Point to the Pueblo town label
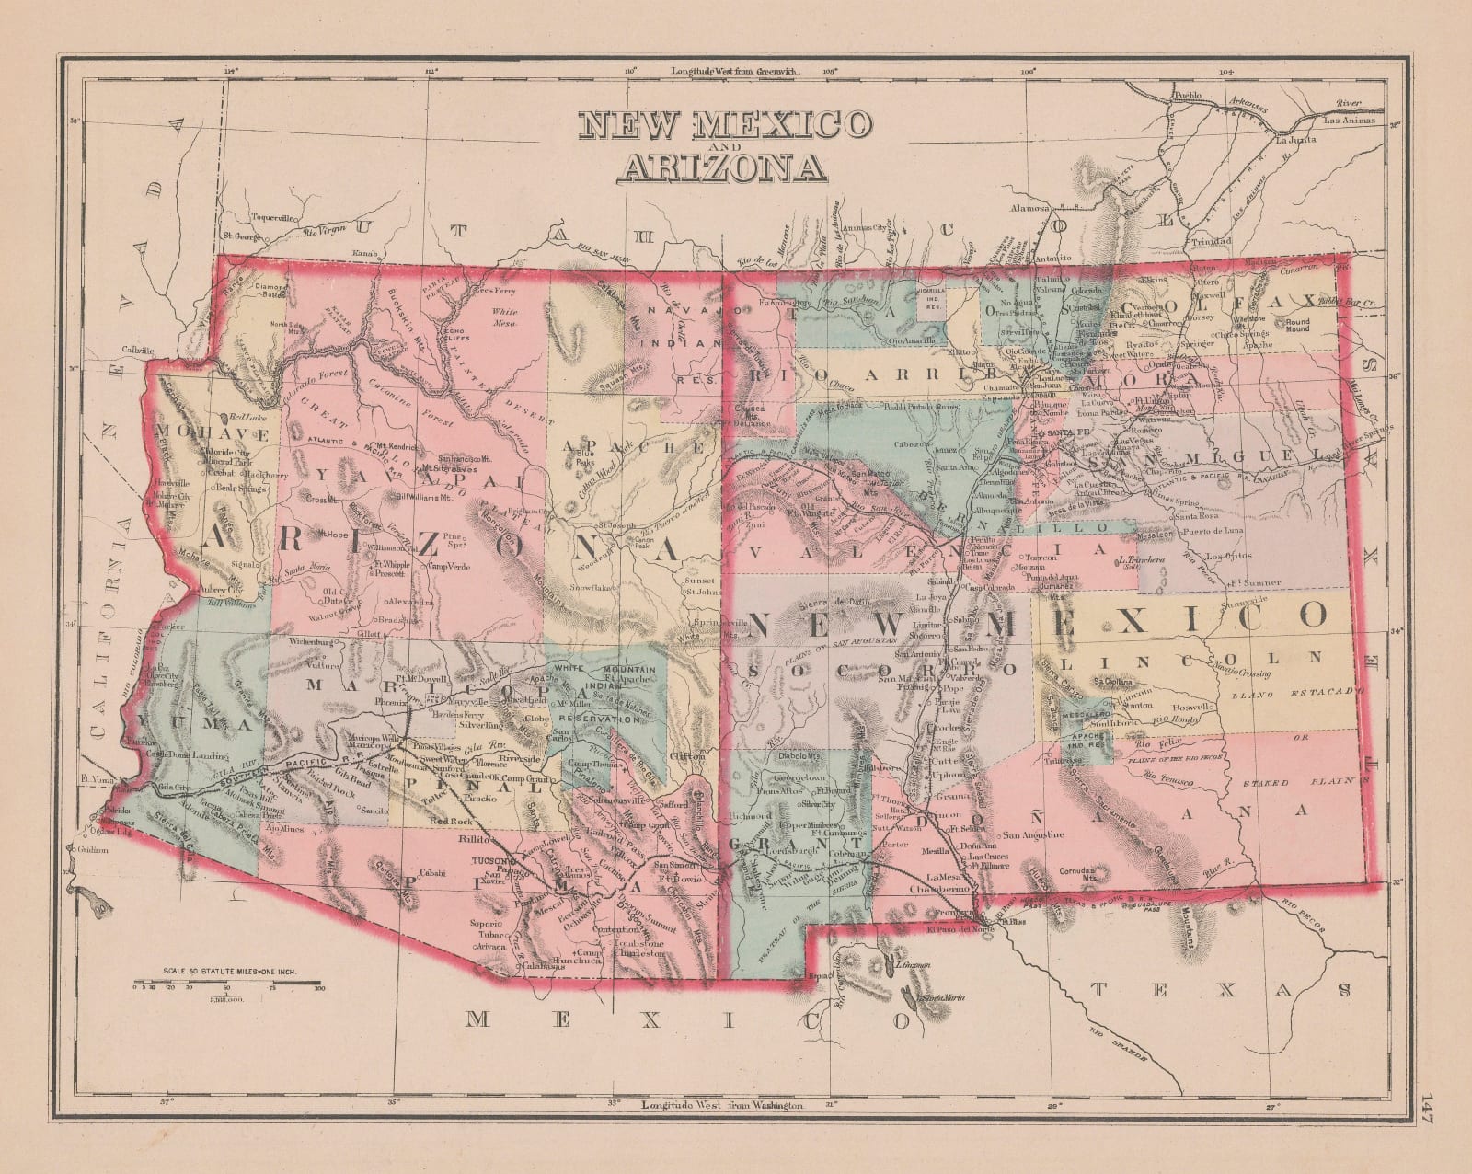pyautogui.click(x=1188, y=96)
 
